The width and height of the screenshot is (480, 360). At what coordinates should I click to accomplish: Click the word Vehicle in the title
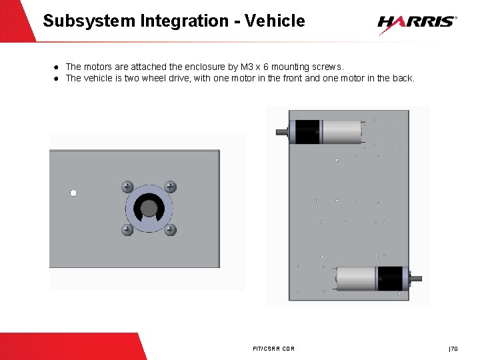click(x=275, y=21)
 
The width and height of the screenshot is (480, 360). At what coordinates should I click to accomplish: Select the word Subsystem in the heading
click(x=89, y=21)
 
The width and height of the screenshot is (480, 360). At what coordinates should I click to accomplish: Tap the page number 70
click(x=454, y=349)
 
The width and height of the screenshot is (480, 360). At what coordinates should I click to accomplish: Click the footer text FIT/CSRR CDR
click(x=274, y=349)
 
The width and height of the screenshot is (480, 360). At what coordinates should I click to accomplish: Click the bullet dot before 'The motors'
click(x=56, y=67)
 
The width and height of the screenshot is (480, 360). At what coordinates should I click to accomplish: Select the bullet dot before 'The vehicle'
click(x=56, y=79)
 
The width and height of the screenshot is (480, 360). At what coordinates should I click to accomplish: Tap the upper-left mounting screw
click(x=127, y=187)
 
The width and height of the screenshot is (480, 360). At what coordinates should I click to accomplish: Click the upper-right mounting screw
click(x=170, y=187)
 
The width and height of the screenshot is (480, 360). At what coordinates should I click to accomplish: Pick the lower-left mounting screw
click(x=127, y=229)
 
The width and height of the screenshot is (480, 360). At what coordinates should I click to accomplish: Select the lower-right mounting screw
click(x=170, y=229)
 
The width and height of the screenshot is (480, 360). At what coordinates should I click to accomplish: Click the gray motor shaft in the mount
click(x=149, y=208)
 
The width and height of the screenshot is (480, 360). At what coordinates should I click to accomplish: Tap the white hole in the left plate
click(x=73, y=193)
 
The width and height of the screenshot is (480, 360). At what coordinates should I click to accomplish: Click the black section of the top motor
click(x=307, y=132)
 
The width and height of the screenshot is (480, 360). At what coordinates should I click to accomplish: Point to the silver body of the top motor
click(x=342, y=132)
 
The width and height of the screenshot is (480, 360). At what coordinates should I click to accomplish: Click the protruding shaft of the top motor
click(x=282, y=132)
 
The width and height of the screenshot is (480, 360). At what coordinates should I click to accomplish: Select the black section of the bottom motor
click(x=390, y=279)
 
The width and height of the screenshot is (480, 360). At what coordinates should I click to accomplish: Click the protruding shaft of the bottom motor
click(x=416, y=279)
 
